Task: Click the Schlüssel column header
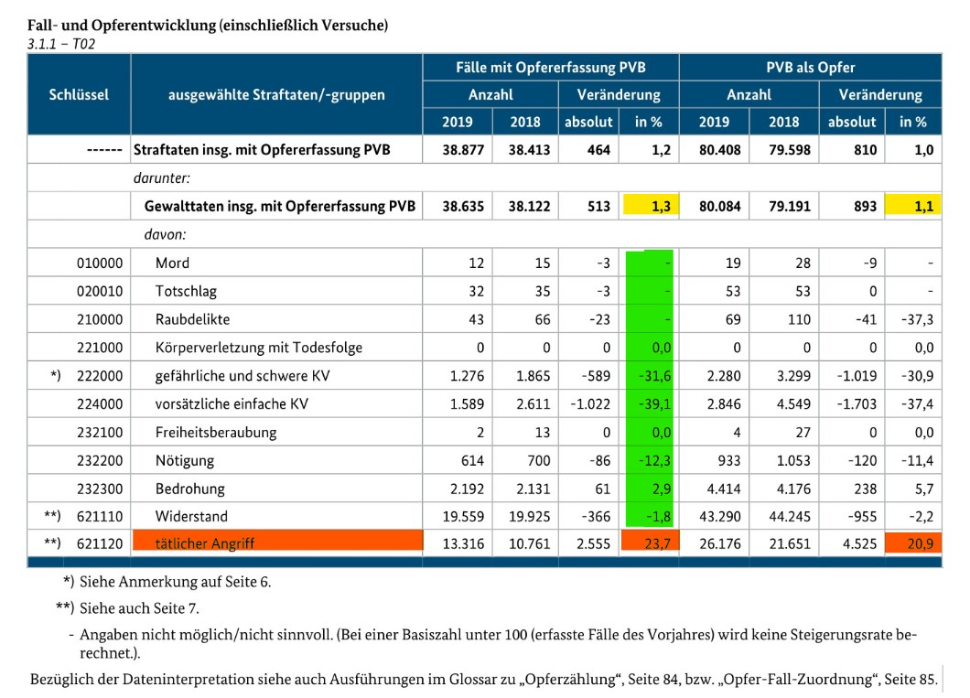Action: tap(79, 94)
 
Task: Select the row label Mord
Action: tap(172, 263)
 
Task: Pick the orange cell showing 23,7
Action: tap(649, 542)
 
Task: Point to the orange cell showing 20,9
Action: tap(913, 542)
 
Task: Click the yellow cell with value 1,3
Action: tap(649, 206)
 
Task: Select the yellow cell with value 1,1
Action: tap(913, 206)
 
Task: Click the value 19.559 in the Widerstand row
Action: tap(463, 516)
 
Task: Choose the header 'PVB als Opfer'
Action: tap(810, 68)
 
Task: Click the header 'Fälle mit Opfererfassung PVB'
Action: tap(550, 68)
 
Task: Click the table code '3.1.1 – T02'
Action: tap(62, 43)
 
